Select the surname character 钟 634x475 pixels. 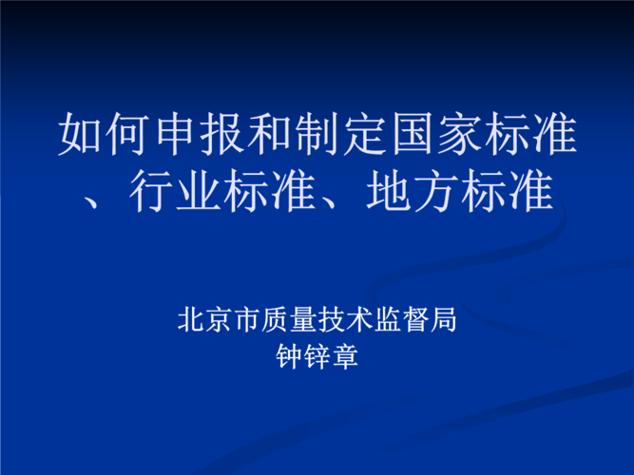288,357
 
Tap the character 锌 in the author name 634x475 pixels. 317,357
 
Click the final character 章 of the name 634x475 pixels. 345,357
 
